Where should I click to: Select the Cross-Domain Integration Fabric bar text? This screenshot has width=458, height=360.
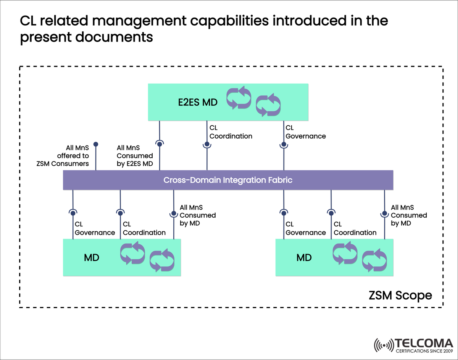pyautogui.click(x=228, y=180)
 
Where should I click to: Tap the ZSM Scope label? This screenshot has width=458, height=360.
pyautogui.click(x=400, y=295)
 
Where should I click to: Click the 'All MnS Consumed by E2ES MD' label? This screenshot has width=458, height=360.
pyautogui.click(x=135, y=156)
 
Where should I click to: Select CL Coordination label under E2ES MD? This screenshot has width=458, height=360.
pyautogui.click(x=231, y=132)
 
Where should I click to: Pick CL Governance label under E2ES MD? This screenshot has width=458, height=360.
pyautogui.click(x=305, y=132)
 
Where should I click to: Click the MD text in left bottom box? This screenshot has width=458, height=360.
pyautogui.click(x=92, y=258)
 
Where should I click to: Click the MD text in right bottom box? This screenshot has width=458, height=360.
pyautogui.click(x=304, y=258)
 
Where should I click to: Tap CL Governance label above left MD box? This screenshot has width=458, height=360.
pyautogui.click(x=95, y=228)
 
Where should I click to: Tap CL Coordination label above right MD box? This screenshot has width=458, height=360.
pyautogui.click(x=355, y=228)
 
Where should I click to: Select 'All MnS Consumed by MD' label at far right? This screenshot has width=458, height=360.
pyautogui.click(x=409, y=215)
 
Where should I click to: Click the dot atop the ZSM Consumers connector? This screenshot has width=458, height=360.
pyautogui.click(x=96, y=144)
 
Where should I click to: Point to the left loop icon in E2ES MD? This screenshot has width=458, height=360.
pyautogui.click(x=239, y=98)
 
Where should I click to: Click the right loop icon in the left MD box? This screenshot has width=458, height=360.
pyautogui.click(x=162, y=262)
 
